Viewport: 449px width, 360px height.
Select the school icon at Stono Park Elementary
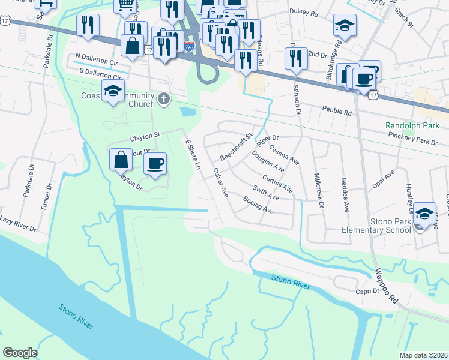424,214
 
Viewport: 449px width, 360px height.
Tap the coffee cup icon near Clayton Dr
155,164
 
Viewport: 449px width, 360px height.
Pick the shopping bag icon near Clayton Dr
121,160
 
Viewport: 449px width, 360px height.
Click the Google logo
20,353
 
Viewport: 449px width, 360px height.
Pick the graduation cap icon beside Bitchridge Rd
345,25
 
